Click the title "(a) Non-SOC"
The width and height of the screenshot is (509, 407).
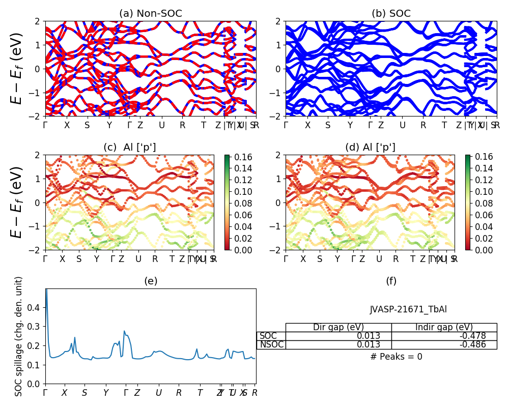coord(150,14)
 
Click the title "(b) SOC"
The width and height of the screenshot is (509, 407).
coord(391,14)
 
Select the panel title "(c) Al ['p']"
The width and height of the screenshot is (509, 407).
coord(130,148)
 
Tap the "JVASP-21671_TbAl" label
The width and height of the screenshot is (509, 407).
coord(408,309)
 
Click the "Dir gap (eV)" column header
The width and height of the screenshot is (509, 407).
coord(338,327)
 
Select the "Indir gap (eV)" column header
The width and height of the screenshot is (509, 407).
coord(444,327)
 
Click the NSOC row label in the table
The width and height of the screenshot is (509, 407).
coord(271,344)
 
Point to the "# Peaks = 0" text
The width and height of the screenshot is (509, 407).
coord(396,357)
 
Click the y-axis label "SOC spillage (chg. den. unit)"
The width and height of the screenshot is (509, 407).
coord(19,336)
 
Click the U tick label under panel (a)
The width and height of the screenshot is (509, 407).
coord(162,125)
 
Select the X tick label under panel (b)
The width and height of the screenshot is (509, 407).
coord(307,125)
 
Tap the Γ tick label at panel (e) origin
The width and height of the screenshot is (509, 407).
coord(45,393)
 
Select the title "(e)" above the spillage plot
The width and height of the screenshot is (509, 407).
coord(150,281)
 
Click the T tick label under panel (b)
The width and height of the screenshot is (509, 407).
coord(444,125)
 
